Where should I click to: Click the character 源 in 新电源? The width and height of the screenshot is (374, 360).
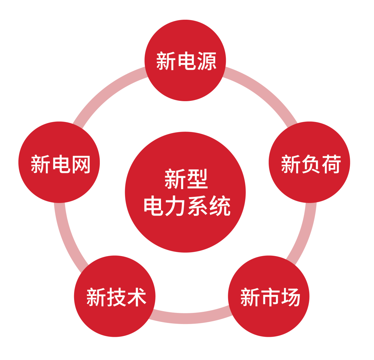[x=206, y=61]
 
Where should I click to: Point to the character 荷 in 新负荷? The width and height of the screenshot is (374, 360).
[x=331, y=164]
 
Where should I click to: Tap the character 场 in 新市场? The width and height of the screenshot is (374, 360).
[x=290, y=297]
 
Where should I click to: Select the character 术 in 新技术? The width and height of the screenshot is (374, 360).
[x=136, y=297]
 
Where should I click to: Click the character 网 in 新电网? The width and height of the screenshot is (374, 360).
[x=80, y=164]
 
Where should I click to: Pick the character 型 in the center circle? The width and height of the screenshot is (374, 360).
[x=197, y=179]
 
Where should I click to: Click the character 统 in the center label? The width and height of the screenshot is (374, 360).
[x=219, y=207]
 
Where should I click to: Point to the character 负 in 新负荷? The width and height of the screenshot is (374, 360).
[x=310, y=164]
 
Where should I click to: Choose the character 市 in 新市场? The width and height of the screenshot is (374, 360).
[x=269, y=297]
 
